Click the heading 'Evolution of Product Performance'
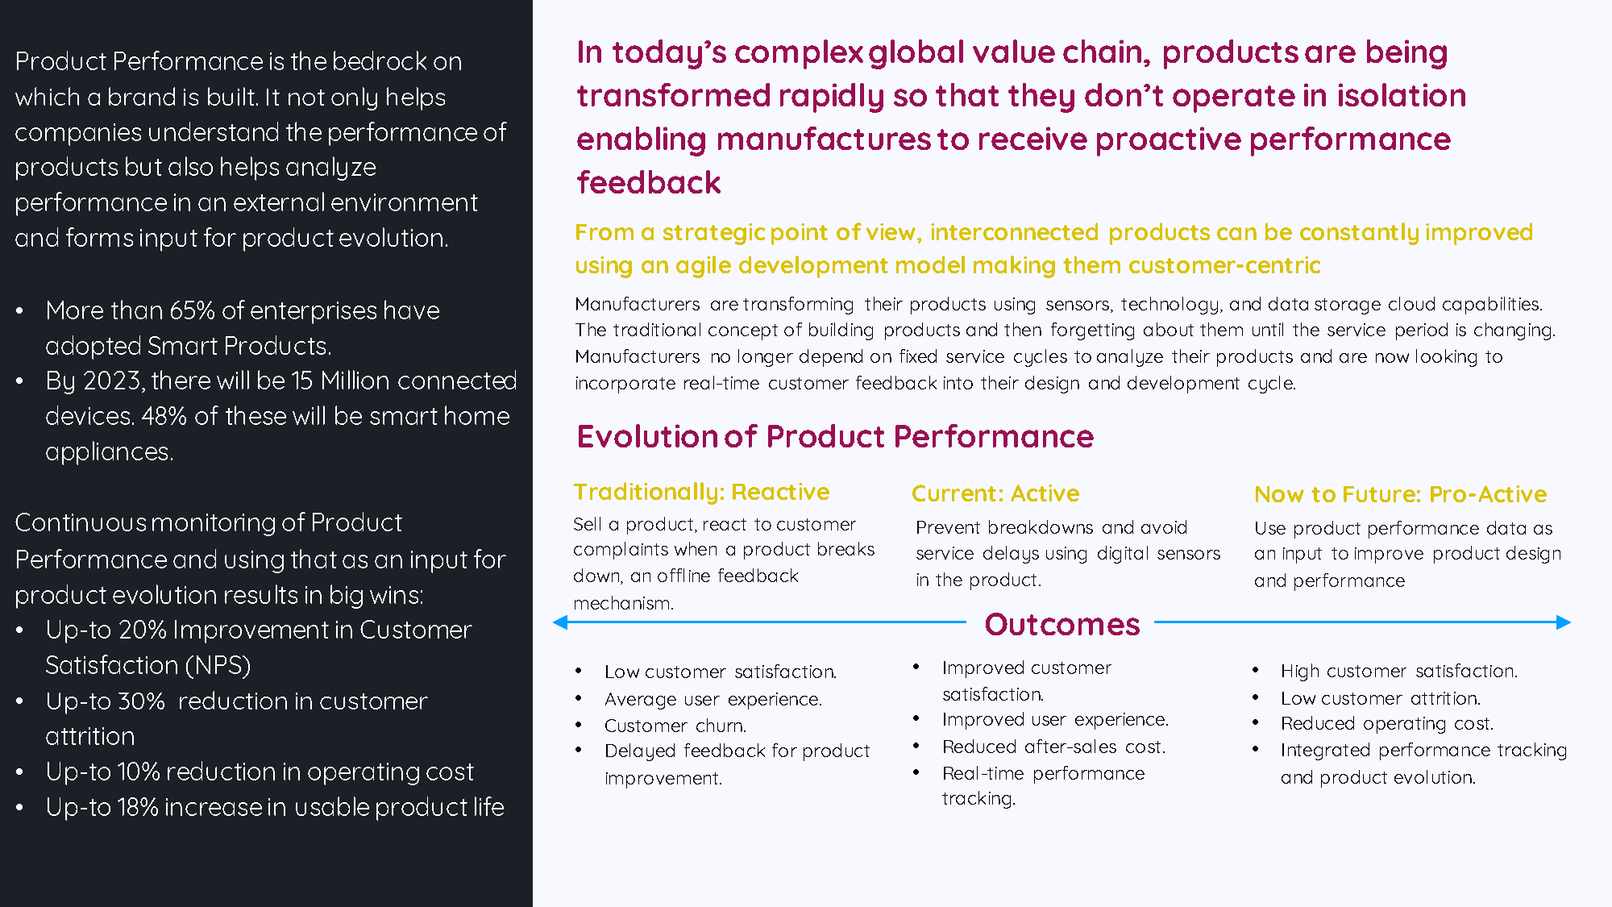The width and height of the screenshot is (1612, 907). tap(835, 437)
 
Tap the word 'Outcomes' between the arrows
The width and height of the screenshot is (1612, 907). tap(1062, 625)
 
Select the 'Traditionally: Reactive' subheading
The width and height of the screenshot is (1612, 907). tap(701, 492)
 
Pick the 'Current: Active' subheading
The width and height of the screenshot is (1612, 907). tap(995, 493)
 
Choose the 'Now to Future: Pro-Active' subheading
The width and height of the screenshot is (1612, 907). tap(1400, 494)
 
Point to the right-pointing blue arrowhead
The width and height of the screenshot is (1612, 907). tap(1564, 622)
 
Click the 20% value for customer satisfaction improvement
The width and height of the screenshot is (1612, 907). tap(142, 630)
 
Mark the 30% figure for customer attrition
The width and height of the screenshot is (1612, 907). tap(142, 701)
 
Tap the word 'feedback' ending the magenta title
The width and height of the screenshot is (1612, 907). tap(649, 183)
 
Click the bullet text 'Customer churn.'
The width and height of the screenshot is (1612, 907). tap(675, 726)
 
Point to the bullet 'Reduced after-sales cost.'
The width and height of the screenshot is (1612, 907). tap(1054, 747)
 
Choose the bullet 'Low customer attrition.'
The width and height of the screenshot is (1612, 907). tap(1381, 698)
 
